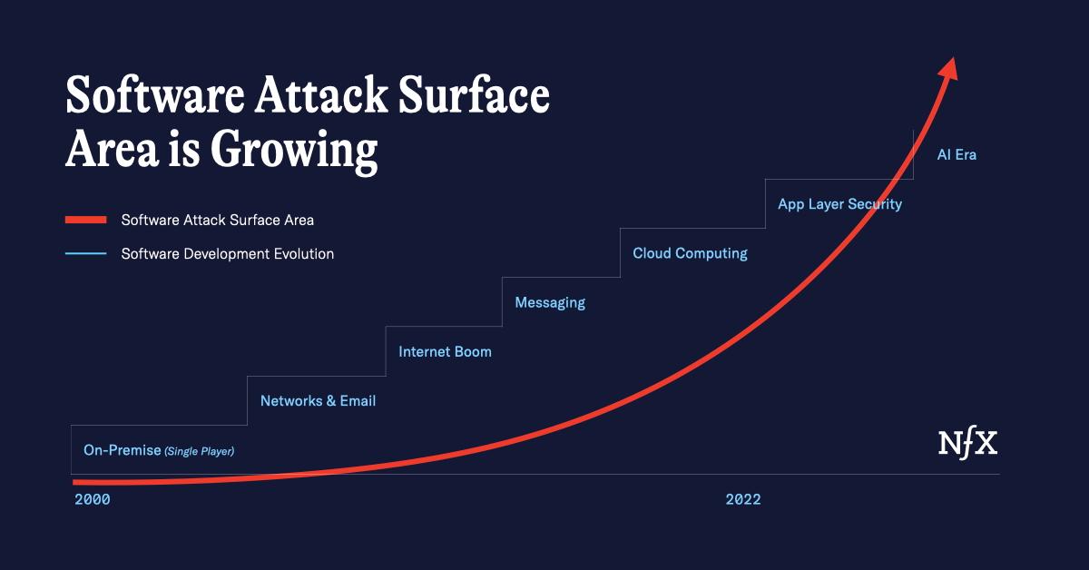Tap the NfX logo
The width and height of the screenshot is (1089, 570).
tap(967, 444)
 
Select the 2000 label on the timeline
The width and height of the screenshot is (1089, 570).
tap(93, 499)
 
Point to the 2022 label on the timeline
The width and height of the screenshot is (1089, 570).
tap(743, 499)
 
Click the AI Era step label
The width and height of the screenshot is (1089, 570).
tap(957, 155)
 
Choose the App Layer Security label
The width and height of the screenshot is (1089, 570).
tap(839, 204)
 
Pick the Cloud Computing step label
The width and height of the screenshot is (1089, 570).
tap(690, 253)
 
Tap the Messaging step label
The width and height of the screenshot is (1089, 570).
tap(550, 302)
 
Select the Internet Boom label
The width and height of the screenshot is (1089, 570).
tap(445, 351)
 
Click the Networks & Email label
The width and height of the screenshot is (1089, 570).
tap(318, 400)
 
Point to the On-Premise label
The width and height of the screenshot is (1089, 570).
tap(122, 450)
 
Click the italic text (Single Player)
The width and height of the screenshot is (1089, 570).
tap(199, 451)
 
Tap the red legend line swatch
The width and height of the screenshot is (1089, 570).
tap(86, 220)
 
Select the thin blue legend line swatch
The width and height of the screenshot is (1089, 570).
tap(86, 254)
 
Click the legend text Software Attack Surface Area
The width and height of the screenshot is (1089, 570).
tap(218, 220)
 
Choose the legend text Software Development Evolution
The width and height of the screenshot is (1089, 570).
tap(228, 254)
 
